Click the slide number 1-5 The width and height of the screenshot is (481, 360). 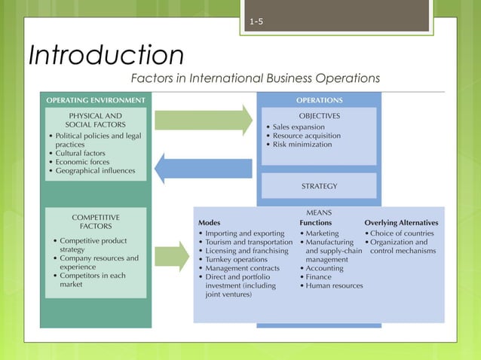click(256, 21)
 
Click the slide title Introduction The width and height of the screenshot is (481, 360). click(106, 55)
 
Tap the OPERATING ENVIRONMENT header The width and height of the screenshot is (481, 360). click(96, 99)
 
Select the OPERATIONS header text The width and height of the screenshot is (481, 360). click(319, 99)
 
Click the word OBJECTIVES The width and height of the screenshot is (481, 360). click(319, 116)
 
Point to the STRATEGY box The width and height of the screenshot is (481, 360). click(319, 185)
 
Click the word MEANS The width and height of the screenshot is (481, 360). click(319, 213)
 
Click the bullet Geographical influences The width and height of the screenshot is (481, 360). click(95, 170)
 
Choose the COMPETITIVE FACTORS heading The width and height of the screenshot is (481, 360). click(96, 221)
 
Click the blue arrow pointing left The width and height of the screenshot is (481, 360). click(204, 166)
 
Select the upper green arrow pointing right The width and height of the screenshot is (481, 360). click(204, 119)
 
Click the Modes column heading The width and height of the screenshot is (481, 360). click(210, 223)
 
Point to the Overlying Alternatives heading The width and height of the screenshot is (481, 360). click(401, 223)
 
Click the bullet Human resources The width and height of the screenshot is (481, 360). click(334, 285)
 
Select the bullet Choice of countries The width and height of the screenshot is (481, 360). click(402, 233)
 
